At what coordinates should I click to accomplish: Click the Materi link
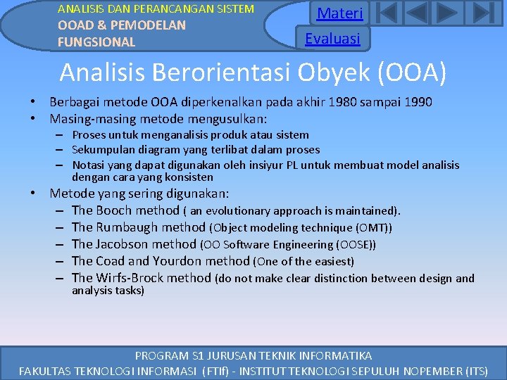pyautogui.click(x=339, y=13)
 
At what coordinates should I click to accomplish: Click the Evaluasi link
pyautogui.click(x=332, y=39)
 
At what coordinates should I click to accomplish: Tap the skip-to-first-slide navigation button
pyautogui.click(x=388, y=13)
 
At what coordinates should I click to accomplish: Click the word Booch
pyautogui.click(x=113, y=210)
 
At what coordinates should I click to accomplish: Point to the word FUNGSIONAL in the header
pyautogui.click(x=96, y=42)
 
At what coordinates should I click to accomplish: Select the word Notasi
pyautogui.click(x=89, y=165)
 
